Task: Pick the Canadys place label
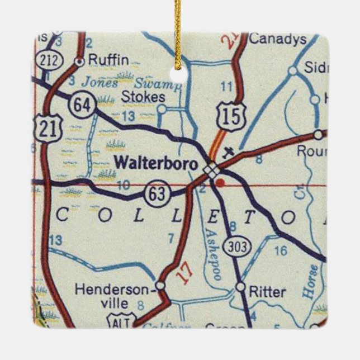pyautogui.click(x=277, y=39)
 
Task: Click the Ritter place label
pyautogui.click(x=268, y=292)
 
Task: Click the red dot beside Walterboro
pyautogui.click(x=222, y=182)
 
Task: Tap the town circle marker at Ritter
pyautogui.click(x=240, y=287)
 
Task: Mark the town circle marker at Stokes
pyautogui.click(x=162, y=108)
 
